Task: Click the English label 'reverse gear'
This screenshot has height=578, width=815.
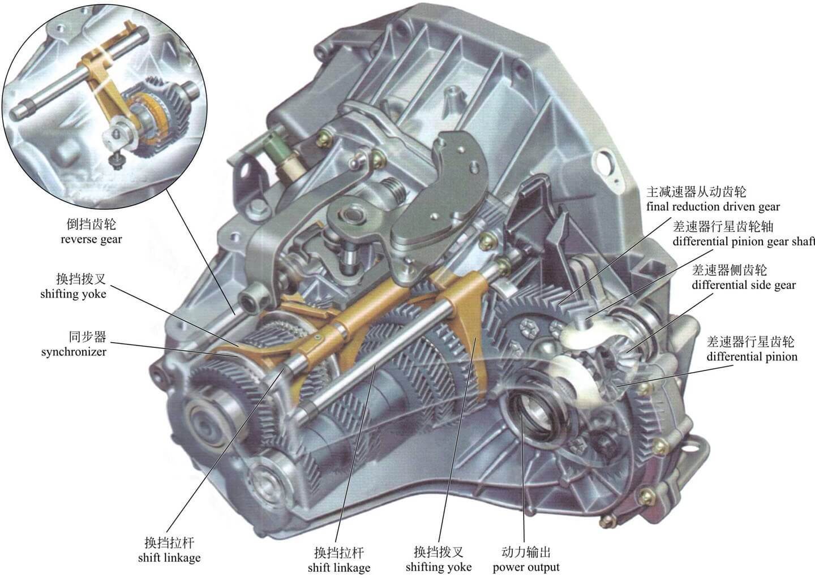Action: pos(91,240)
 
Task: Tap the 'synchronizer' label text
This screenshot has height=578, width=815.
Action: pos(74,352)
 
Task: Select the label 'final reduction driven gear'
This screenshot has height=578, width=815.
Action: pos(713,207)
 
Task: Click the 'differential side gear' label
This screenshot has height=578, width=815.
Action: pos(744,285)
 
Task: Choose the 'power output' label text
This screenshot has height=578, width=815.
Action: pos(526,567)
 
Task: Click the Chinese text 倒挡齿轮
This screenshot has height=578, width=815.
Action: pos(91,225)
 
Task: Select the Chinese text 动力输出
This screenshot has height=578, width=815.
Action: pos(526,552)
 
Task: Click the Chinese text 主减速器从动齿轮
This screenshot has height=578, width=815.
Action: pos(696,192)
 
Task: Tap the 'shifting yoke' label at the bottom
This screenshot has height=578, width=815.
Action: pos(439,567)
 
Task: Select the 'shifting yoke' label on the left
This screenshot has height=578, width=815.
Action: pos(73,294)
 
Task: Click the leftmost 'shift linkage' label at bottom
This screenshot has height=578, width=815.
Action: pos(169,557)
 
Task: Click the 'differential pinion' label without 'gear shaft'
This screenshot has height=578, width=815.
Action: pos(752,357)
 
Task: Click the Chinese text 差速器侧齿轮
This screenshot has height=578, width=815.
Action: pos(729,270)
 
